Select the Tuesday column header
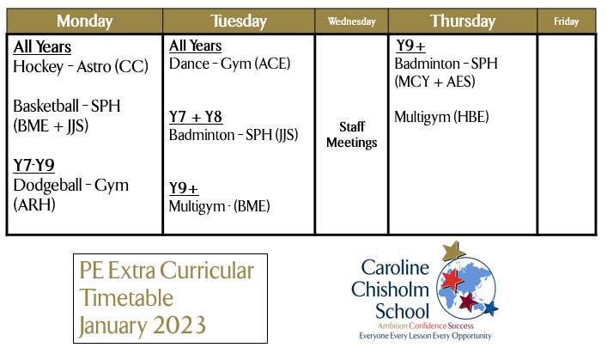pyautogui.click(x=239, y=21)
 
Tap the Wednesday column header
pyautogui.click(x=352, y=21)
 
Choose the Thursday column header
pyautogui.click(x=463, y=21)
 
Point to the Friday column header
pyautogui.click(x=566, y=21)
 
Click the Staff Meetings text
pyautogui.click(x=352, y=135)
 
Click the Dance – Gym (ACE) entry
pyautogui.click(x=229, y=64)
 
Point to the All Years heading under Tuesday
pyautogui.click(x=196, y=46)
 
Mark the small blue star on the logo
pyautogui.click(x=489, y=308)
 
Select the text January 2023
pyautogui.click(x=142, y=326)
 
